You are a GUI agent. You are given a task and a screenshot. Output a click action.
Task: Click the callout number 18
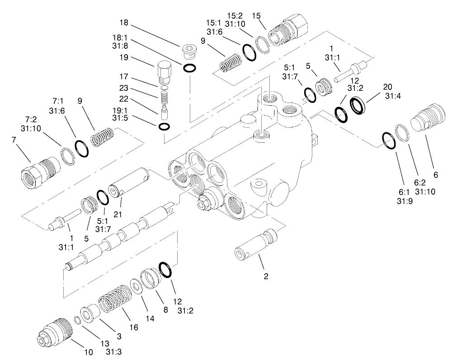(124, 23)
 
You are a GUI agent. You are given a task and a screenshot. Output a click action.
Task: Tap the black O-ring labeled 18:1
(190, 68)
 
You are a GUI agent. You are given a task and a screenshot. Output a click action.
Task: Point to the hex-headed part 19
(164, 73)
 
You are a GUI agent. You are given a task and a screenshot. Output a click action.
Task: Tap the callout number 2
(266, 276)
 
